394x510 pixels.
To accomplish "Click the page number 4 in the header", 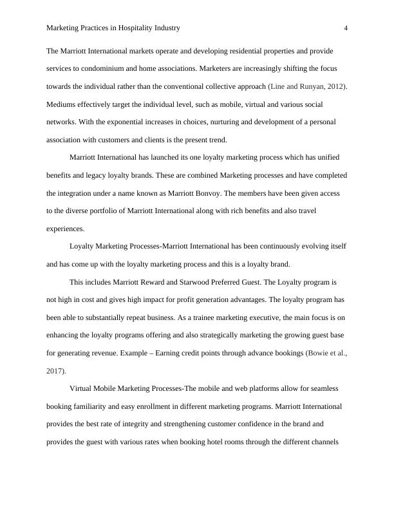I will (346, 28).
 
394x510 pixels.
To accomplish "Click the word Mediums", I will (62, 104).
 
